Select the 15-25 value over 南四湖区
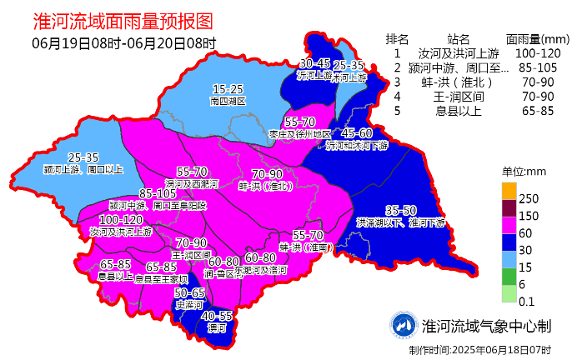point(228,89)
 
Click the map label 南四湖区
point(228,101)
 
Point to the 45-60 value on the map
point(357,133)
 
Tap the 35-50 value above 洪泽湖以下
point(401,210)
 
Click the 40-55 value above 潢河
point(216,317)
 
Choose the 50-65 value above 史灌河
point(189,293)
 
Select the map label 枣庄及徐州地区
point(299,133)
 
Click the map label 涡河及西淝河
point(192,182)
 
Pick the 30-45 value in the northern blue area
point(315,63)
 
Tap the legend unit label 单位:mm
point(523,171)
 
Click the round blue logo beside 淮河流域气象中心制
point(404,326)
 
